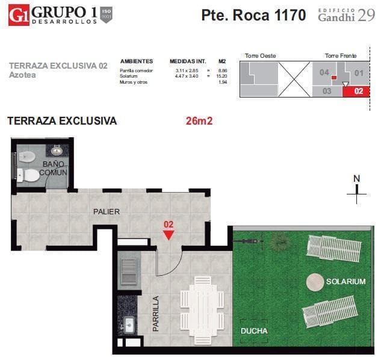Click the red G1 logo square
point(18,15)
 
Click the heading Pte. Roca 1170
point(253,16)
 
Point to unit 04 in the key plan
point(324,73)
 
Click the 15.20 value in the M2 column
point(221,76)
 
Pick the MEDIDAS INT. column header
point(188,61)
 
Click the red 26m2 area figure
point(199,121)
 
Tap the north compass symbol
point(357,189)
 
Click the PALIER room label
point(106,211)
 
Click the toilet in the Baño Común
point(26,157)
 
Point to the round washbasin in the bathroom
point(57,150)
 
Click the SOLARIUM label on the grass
point(345,281)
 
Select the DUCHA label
point(254,331)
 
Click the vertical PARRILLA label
point(156,313)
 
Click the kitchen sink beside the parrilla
point(129,326)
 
